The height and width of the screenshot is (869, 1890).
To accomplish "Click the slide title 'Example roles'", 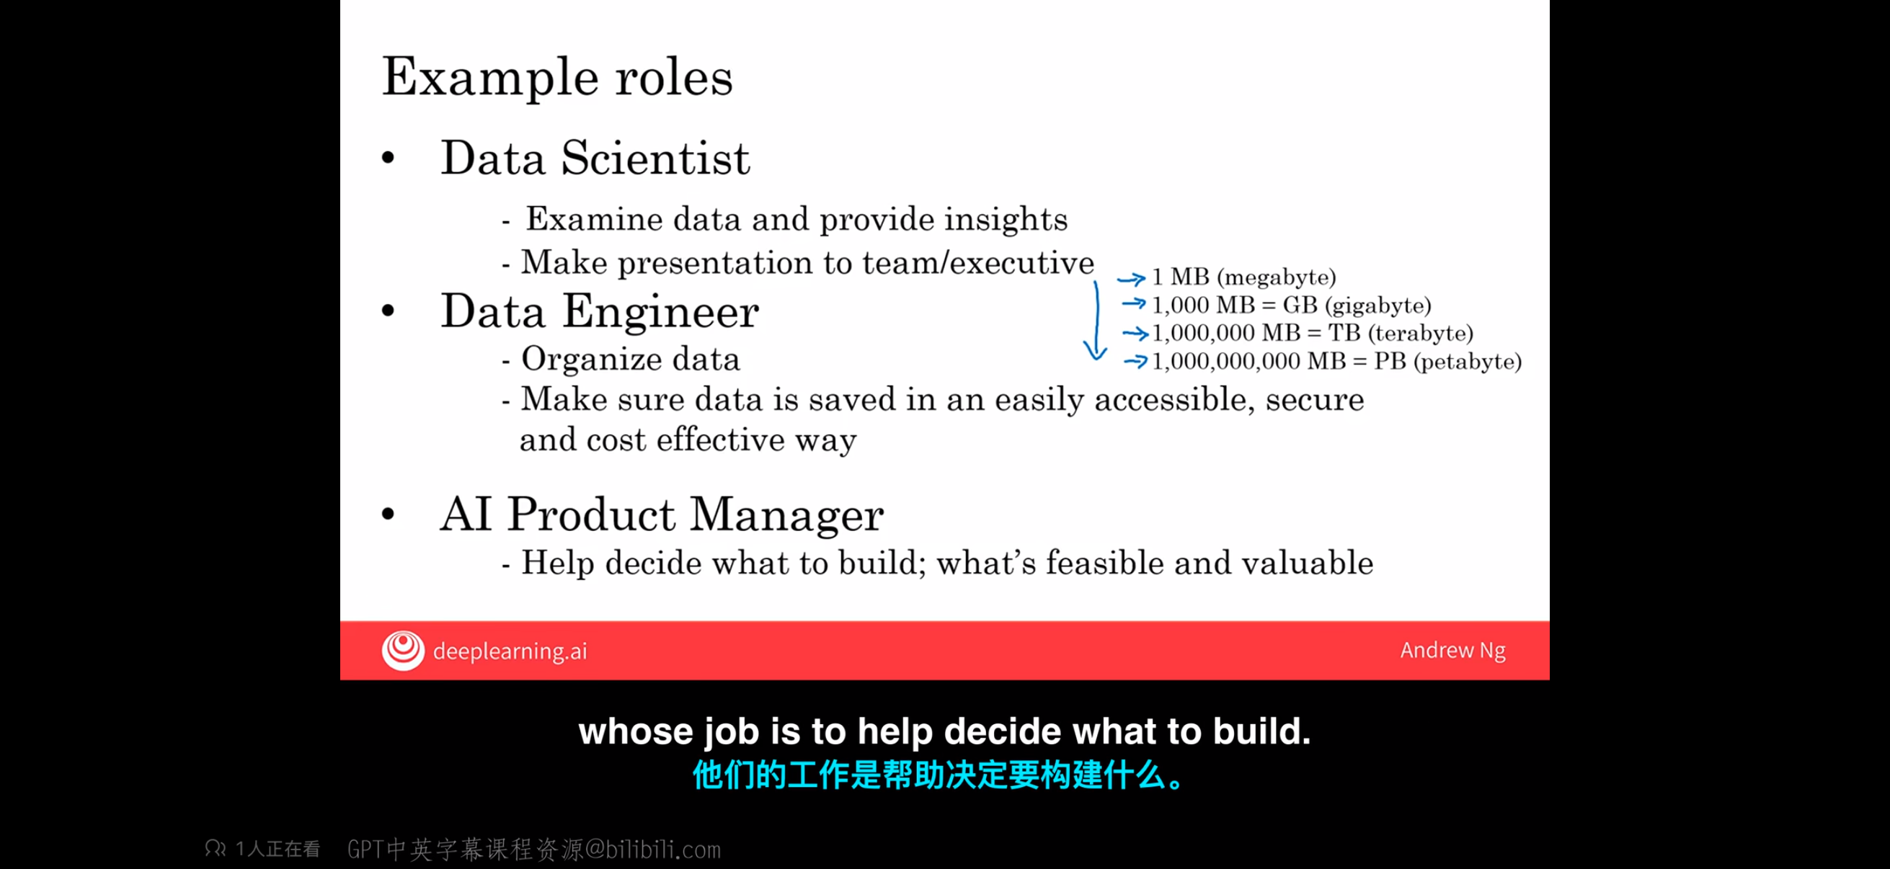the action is click(557, 78).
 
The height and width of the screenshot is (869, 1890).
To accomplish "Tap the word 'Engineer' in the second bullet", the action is click(660, 311).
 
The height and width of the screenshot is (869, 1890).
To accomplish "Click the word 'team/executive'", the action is click(978, 262).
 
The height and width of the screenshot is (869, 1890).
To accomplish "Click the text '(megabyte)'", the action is click(1276, 277).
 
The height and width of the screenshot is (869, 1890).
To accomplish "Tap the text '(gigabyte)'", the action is click(1377, 305).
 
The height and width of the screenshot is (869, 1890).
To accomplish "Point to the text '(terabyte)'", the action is click(1420, 333).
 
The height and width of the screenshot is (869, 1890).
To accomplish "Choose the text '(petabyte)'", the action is click(1467, 361).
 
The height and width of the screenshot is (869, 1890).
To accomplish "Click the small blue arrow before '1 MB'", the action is click(1132, 279).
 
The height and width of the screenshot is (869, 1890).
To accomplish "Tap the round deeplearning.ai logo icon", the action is click(403, 651).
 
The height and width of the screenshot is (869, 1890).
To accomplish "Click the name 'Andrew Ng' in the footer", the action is click(1452, 651).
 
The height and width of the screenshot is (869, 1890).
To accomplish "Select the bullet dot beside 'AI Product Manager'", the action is click(388, 514).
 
